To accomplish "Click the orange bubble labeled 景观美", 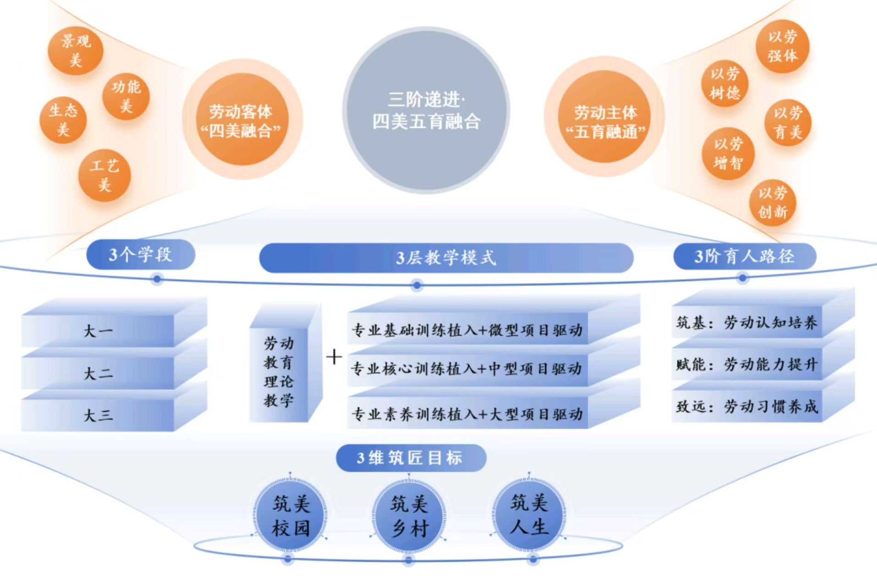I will click(x=75, y=50).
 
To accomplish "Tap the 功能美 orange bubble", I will click(x=126, y=96).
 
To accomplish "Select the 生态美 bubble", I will click(x=63, y=120).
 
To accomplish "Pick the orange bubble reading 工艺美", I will click(x=104, y=175).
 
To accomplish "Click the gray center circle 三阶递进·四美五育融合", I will click(x=426, y=111).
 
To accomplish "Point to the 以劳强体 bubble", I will click(x=783, y=46).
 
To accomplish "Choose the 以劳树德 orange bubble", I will click(x=724, y=83).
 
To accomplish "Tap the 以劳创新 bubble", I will click(x=772, y=202).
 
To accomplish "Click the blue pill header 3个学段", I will click(x=140, y=255).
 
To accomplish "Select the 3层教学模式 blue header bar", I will click(x=446, y=258).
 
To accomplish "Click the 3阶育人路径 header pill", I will click(x=744, y=256).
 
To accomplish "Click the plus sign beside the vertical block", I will click(x=334, y=357).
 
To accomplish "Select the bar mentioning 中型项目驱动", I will click(x=467, y=369).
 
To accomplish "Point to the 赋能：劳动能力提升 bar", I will click(x=746, y=365).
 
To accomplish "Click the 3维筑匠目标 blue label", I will click(x=411, y=458).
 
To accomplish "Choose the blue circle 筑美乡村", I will click(x=409, y=516).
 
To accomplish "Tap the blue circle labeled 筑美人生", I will click(x=529, y=515).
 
